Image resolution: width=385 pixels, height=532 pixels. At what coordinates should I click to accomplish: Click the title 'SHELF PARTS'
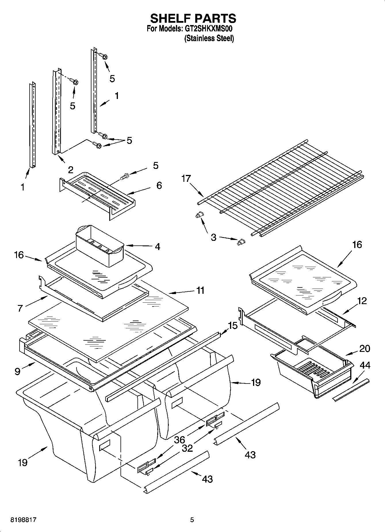tap(193, 18)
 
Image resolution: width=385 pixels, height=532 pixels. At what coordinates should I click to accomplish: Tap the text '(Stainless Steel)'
tap(209, 38)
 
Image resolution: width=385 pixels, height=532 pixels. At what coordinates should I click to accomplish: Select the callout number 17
tap(186, 179)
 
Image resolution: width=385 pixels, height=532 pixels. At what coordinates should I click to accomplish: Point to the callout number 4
tap(157, 247)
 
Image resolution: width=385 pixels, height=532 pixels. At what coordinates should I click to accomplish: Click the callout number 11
tap(200, 290)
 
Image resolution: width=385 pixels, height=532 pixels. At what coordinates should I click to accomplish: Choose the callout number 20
tap(365, 348)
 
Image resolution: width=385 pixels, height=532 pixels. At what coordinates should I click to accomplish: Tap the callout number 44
tap(365, 365)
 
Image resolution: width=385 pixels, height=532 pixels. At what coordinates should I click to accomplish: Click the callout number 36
tap(179, 440)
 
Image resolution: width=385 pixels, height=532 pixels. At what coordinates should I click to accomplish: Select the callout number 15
tap(233, 326)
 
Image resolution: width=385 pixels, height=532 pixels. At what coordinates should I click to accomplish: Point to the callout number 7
tap(20, 308)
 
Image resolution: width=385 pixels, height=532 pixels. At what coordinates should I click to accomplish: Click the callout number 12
tap(362, 301)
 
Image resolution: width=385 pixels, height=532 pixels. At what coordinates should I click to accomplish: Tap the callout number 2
tap(70, 170)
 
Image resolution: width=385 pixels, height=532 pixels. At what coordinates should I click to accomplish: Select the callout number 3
tap(213, 238)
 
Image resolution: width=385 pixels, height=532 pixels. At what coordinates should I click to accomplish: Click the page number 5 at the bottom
tap(192, 520)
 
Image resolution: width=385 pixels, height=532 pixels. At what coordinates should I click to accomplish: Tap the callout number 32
tap(187, 448)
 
